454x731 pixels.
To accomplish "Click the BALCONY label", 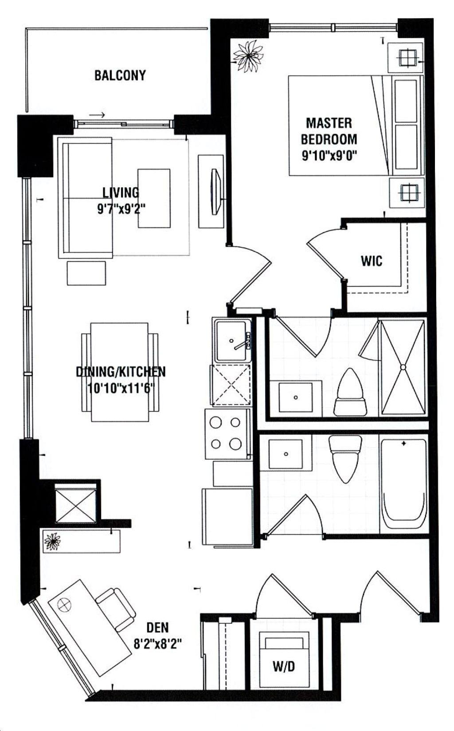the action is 120,75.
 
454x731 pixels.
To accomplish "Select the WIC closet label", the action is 372,261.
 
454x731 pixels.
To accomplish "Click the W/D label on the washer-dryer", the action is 283,667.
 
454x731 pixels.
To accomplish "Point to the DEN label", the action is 157,627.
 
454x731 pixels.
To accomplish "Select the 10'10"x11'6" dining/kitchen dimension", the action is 120,389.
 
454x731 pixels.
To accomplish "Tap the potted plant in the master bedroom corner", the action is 249,56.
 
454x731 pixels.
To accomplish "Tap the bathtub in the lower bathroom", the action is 403,484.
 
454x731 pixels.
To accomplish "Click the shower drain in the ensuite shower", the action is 403,367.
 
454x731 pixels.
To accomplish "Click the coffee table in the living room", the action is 154,198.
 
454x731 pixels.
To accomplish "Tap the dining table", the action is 119,372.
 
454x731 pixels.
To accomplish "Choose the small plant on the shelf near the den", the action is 53,542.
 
